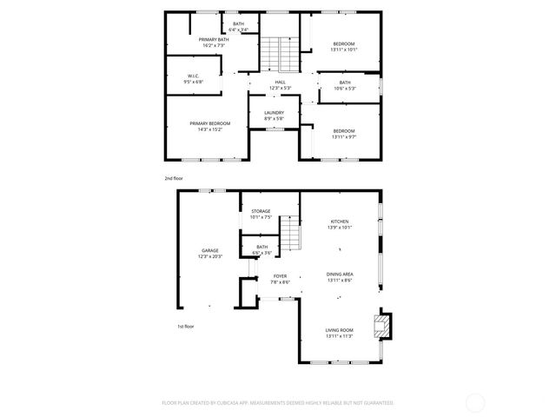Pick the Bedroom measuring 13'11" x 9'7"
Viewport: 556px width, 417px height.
pos(343,133)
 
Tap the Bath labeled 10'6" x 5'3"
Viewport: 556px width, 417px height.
pos(345,85)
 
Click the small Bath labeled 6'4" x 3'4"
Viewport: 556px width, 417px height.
pos(238,27)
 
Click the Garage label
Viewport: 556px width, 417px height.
pos(210,253)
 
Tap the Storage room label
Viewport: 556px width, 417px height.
pos(261,214)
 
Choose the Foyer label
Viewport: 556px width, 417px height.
pos(279,279)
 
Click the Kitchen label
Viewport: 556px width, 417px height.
pos(339,224)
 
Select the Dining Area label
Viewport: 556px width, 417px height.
pos(340,276)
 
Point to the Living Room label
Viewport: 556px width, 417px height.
pos(339,333)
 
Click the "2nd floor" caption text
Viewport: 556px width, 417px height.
pos(174,178)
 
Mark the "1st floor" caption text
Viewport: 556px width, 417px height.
pos(184,327)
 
